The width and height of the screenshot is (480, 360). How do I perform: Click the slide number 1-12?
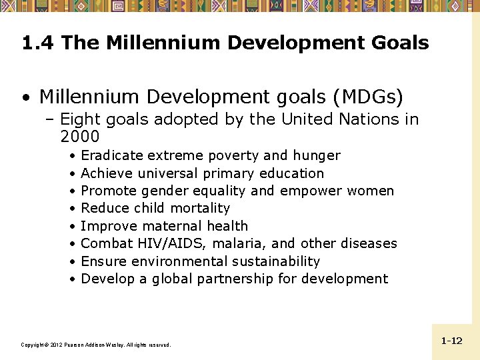[x=451, y=341]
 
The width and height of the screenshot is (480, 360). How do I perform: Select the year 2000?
[x=79, y=137]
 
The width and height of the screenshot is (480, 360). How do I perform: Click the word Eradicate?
[x=111, y=155]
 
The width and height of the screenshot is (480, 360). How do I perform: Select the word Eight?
[x=81, y=119]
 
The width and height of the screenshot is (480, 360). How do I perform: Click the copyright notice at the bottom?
[x=96, y=345]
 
